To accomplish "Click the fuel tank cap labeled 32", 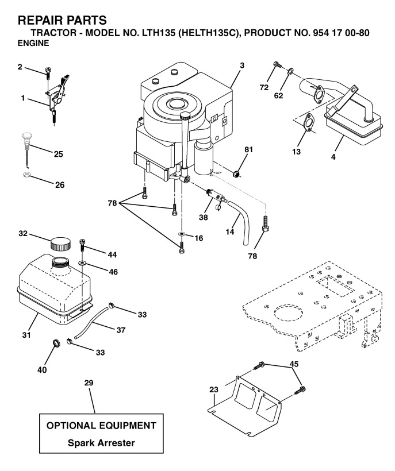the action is (x=60, y=244).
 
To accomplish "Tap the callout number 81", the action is (x=248, y=149).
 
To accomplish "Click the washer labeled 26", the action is (x=26, y=175).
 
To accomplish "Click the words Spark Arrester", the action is (x=101, y=443).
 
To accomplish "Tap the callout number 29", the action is (x=89, y=383).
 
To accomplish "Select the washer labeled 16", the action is (x=182, y=233).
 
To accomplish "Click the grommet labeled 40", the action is (x=56, y=342).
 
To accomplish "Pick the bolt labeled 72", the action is (x=277, y=64).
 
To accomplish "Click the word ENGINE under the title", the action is (x=33, y=43).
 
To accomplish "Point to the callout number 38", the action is (x=203, y=217).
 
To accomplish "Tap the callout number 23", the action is (x=214, y=389).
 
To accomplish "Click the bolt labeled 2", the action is (x=48, y=72).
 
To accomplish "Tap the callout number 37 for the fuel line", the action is (x=121, y=330).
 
